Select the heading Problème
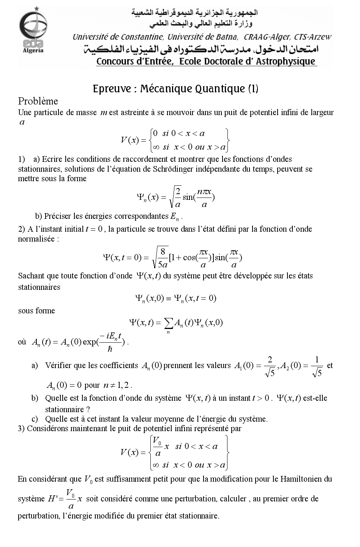coord(38,101)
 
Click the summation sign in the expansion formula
coord(168,323)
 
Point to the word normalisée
coord(35,239)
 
